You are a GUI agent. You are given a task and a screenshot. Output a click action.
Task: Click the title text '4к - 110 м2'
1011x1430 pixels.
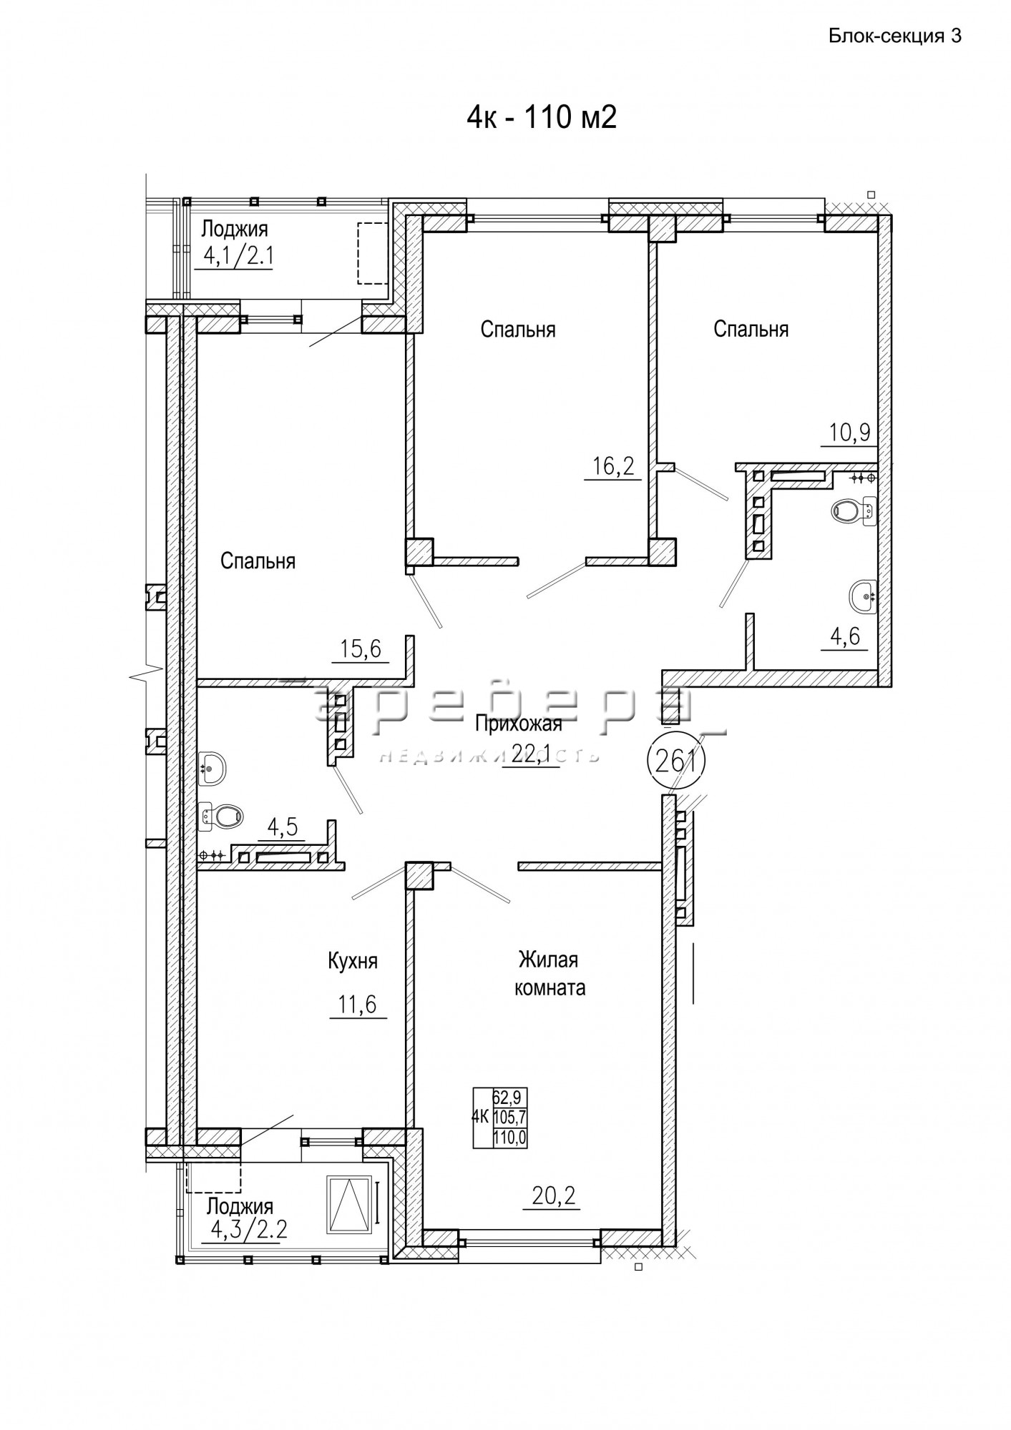coord(542,117)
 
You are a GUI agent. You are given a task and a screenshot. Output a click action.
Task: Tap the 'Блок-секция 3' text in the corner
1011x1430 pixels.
coord(894,36)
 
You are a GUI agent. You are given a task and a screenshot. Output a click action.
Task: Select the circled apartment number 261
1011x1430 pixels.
coord(676,761)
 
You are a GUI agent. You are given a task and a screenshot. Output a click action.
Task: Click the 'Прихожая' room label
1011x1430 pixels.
coord(519,724)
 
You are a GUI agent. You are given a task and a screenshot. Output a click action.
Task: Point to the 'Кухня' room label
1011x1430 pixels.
coord(352,961)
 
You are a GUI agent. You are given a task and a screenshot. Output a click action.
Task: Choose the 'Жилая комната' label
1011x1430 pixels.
coord(550,973)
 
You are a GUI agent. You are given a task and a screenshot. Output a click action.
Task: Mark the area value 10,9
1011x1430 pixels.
coord(849,432)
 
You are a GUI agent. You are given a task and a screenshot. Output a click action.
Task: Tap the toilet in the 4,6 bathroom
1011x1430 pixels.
coord(854,511)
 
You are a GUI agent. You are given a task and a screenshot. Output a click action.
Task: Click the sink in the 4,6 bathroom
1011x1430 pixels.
coord(863,595)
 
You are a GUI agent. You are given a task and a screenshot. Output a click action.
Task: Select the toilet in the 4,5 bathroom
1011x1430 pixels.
coord(220,815)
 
